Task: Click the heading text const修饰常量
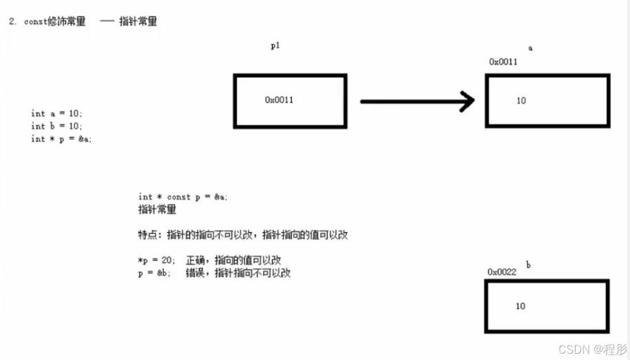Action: (55, 21)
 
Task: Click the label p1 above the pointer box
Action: (275, 46)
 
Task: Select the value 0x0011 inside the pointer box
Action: (279, 100)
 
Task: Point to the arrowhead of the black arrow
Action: (468, 102)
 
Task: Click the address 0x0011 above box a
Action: (503, 62)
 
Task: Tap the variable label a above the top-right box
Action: (530, 48)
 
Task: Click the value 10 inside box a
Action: (521, 100)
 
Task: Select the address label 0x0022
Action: (502, 272)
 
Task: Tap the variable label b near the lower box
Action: (528, 264)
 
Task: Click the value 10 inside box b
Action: (521, 306)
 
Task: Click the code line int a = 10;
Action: (56, 114)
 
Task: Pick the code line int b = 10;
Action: (56, 126)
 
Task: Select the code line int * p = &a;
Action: (61, 138)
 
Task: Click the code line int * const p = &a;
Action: (182, 197)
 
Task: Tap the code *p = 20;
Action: (157, 260)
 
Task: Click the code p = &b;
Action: (155, 273)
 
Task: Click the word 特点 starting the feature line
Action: (148, 235)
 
